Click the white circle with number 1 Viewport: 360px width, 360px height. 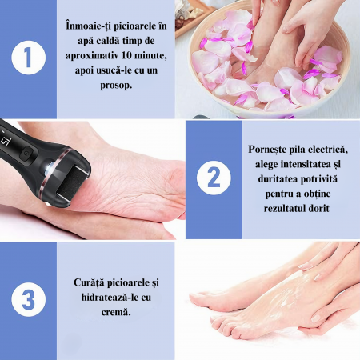tap(29, 58)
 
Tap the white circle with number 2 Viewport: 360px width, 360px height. tap(214, 178)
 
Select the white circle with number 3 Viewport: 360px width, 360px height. tap(29, 299)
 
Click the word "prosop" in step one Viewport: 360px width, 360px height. tap(115, 86)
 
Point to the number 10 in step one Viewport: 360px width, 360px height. tap(127, 55)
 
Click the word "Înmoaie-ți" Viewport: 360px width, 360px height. tap(86, 26)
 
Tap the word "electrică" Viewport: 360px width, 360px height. tap(328, 150)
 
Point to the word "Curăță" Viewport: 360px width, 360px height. tap(89, 282)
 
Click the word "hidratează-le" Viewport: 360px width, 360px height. tap(109, 297)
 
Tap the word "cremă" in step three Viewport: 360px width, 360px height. tap(116, 312)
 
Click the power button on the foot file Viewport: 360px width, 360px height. tap(27, 154)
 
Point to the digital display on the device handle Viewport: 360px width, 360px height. tap(6, 138)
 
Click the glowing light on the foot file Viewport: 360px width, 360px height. tap(50, 167)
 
